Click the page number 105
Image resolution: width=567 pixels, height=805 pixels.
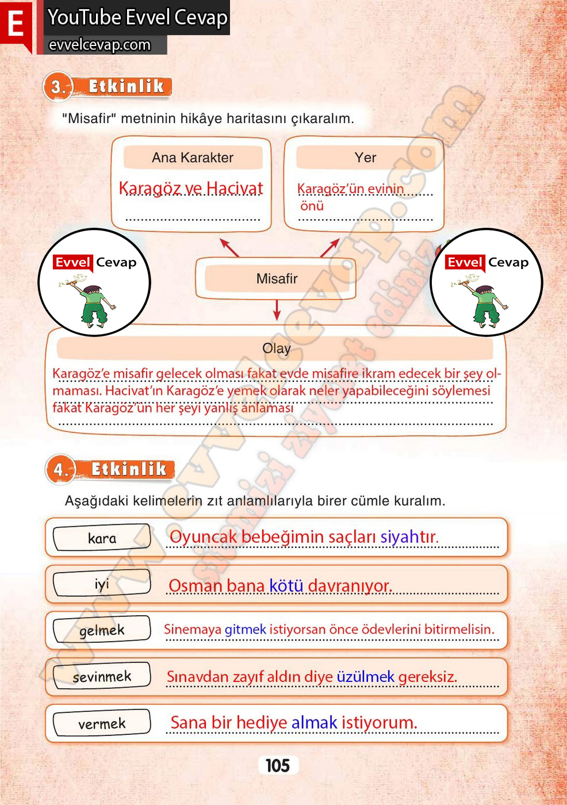tap(278, 765)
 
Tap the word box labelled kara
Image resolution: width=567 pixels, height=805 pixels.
tap(102, 538)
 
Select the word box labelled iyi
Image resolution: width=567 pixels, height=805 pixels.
tap(102, 584)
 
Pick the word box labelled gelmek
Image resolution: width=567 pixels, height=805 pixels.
tap(102, 631)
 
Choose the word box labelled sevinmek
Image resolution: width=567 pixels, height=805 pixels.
tap(102, 677)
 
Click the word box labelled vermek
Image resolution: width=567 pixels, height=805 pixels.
tap(102, 723)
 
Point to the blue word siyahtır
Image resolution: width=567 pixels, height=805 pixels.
tap(409, 537)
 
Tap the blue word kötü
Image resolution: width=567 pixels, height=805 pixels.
tap(286, 586)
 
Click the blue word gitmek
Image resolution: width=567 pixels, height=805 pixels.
tap(245, 630)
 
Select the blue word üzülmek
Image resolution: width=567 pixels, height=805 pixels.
tap(366, 677)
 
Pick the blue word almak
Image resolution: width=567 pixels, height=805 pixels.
tap(314, 723)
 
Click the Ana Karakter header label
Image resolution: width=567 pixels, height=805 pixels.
tap(193, 158)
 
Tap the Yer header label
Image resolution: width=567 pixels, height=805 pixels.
tap(365, 158)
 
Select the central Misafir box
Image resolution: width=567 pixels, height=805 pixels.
tap(277, 279)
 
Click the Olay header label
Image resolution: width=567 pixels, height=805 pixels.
tap(276, 348)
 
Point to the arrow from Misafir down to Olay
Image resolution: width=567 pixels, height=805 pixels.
tap(277, 310)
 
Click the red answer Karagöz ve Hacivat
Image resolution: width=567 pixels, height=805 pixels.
tap(191, 189)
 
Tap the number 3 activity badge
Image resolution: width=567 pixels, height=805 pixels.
tap(58, 87)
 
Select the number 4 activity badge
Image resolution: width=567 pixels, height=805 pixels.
tap(60, 470)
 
